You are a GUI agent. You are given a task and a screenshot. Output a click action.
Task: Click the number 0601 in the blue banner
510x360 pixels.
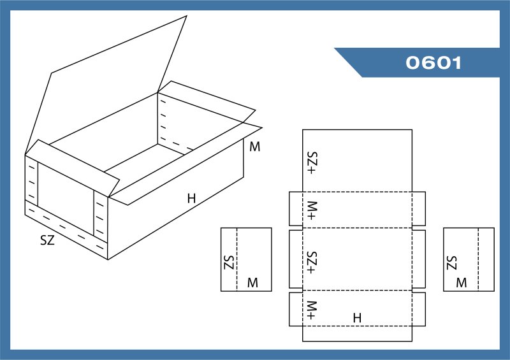[x=433, y=62]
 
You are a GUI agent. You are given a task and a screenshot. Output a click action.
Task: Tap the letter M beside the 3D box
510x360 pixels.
[x=254, y=147]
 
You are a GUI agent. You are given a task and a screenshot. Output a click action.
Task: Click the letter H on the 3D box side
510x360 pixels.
[x=192, y=198]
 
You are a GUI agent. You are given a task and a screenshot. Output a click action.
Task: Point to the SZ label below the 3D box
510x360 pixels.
[x=47, y=240]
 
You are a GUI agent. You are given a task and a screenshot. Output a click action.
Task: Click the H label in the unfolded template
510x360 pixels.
[x=357, y=318]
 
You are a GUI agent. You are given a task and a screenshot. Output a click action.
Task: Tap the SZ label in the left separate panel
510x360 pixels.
[x=229, y=263]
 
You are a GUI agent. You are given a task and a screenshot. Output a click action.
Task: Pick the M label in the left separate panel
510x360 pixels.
[x=252, y=283]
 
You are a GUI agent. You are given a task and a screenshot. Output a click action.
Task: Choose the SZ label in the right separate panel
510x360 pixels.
[x=452, y=263]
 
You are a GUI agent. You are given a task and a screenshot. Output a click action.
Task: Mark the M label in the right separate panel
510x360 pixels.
[x=462, y=283]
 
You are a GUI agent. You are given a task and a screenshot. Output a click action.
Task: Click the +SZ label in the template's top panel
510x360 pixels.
[x=312, y=162]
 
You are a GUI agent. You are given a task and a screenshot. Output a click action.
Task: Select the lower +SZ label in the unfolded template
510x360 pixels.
[x=312, y=263]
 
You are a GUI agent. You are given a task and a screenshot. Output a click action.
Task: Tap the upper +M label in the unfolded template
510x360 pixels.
[x=312, y=211]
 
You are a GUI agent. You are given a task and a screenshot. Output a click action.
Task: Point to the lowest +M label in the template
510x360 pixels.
[x=312, y=310]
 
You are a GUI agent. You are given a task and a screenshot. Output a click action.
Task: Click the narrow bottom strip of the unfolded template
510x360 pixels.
[x=357, y=334]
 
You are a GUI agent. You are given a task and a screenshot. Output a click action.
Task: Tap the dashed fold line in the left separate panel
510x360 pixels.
[x=237, y=259]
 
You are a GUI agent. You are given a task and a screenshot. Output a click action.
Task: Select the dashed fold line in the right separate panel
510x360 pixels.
[x=478, y=259]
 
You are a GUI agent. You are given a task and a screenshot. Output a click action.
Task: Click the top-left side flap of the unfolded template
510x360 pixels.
[x=296, y=208]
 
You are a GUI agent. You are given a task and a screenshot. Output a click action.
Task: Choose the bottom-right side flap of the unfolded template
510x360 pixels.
[x=419, y=309]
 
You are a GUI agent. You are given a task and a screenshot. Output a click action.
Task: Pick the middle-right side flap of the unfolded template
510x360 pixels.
[x=419, y=259]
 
